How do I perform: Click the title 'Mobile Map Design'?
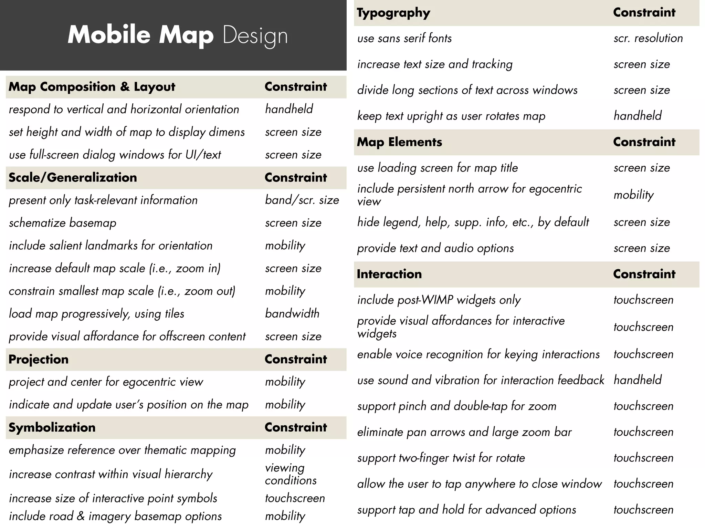pyautogui.click(x=177, y=35)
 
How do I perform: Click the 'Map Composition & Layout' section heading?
pyautogui.click(x=92, y=87)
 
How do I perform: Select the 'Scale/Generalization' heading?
pyautogui.click(x=73, y=178)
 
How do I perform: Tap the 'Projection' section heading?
pyautogui.click(x=39, y=360)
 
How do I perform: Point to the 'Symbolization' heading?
pyautogui.click(x=52, y=428)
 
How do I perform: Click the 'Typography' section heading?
pyautogui.click(x=393, y=13)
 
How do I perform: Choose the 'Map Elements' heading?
pyautogui.click(x=399, y=142)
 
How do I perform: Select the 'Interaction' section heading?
pyautogui.click(x=389, y=274)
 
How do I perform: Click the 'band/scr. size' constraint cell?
pyautogui.click(x=302, y=200)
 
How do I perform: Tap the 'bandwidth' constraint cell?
pyautogui.click(x=292, y=313)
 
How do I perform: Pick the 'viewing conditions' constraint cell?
pyautogui.click(x=291, y=474)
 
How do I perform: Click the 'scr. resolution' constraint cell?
pyautogui.click(x=648, y=38)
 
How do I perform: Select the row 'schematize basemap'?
pyautogui.click(x=63, y=223)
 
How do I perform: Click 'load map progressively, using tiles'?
pyautogui.click(x=96, y=314)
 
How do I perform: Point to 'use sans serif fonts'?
pyautogui.click(x=404, y=38)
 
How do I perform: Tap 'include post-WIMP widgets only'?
pyautogui.click(x=439, y=300)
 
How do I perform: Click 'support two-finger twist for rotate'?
pyautogui.click(x=441, y=458)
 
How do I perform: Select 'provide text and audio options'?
pyautogui.click(x=435, y=248)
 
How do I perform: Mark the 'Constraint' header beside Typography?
pyautogui.click(x=644, y=13)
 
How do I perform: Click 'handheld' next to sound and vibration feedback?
pyautogui.click(x=638, y=380)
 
